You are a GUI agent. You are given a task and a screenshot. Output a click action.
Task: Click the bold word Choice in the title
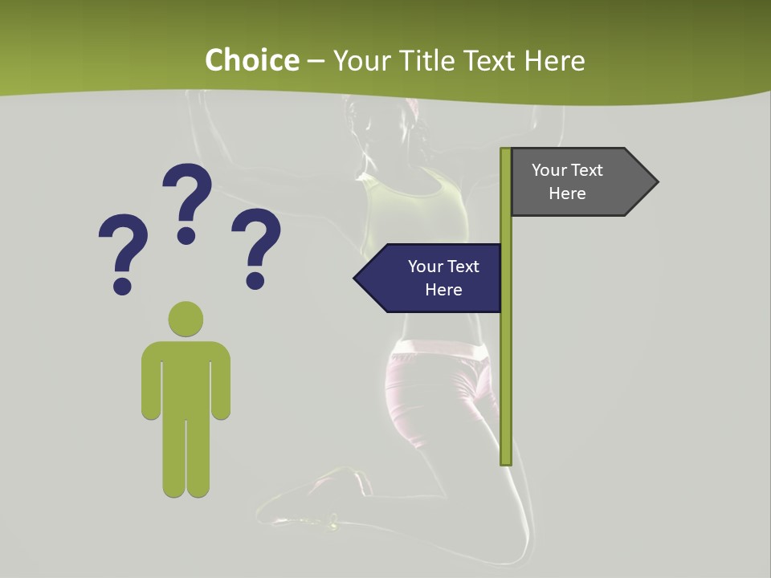[251, 60]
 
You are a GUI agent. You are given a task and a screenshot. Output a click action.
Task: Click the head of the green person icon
[186, 320]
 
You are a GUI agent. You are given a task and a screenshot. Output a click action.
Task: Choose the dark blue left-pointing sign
[430, 279]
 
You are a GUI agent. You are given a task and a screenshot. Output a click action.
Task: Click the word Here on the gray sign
[567, 193]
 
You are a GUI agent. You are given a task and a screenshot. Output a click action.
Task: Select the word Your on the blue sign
[424, 267]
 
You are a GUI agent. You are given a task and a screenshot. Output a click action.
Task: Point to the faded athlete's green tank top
[418, 209]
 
